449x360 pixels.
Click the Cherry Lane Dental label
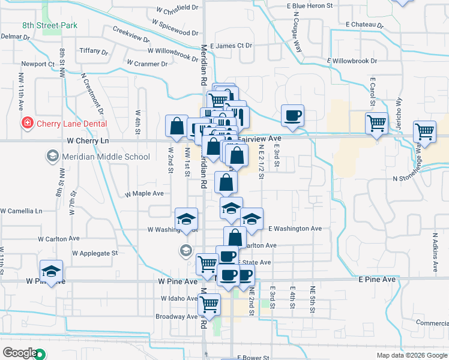[x=71, y=124]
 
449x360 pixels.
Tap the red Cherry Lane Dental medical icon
[x=27, y=124]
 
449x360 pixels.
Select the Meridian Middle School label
[x=104, y=157]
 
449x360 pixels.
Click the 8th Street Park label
[x=50, y=26]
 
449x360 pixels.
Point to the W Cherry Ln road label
[x=88, y=140]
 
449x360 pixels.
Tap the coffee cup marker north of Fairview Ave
[x=292, y=115]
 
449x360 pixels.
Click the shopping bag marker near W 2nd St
[x=176, y=126]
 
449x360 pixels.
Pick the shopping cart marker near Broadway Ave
[x=209, y=304]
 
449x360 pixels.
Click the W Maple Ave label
[x=144, y=194]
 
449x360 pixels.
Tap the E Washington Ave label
[x=295, y=229]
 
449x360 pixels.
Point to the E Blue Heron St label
[x=310, y=6]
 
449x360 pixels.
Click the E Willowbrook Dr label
[x=352, y=61]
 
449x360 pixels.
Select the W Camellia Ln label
[x=22, y=211]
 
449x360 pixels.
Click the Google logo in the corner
[x=20, y=353]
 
